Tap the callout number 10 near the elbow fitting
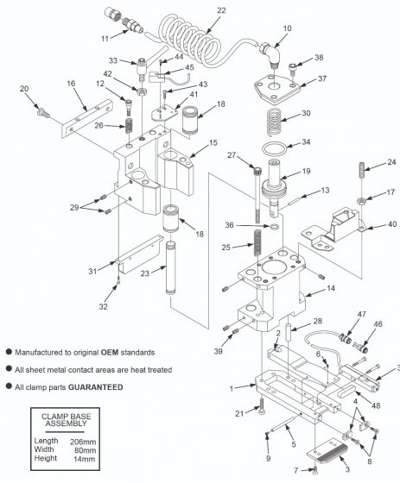pyautogui.click(x=287, y=29)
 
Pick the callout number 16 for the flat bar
pyautogui.click(x=71, y=83)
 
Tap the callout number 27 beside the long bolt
pyautogui.click(x=232, y=155)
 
